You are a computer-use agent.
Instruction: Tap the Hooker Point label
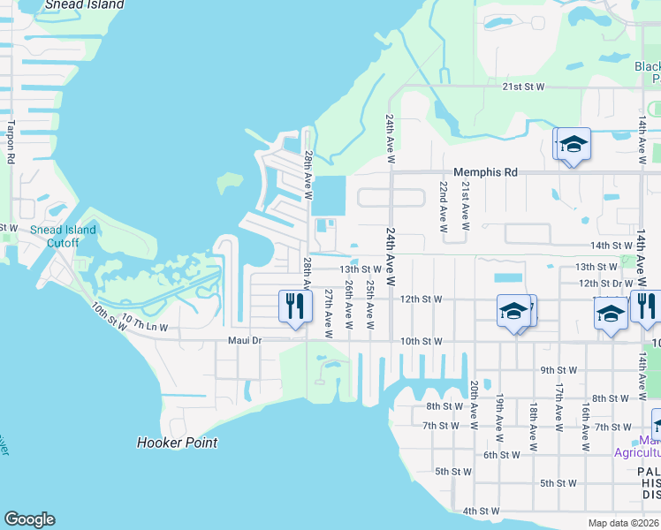tap(177, 443)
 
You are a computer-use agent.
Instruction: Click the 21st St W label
tap(523, 87)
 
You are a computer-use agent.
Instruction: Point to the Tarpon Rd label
tap(12, 141)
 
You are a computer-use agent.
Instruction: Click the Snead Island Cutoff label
tap(63, 237)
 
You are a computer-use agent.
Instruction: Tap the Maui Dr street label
tap(245, 340)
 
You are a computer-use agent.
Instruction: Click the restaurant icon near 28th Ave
tap(294, 307)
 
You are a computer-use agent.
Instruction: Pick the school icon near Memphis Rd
tap(573, 145)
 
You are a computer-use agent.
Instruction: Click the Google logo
tap(29, 519)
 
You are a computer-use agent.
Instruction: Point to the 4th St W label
tap(481, 511)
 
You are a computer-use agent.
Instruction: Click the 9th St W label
tap(559, 370)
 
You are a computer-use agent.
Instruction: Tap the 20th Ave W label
tap(475, 400)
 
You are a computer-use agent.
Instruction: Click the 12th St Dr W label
tap(605, 283)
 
